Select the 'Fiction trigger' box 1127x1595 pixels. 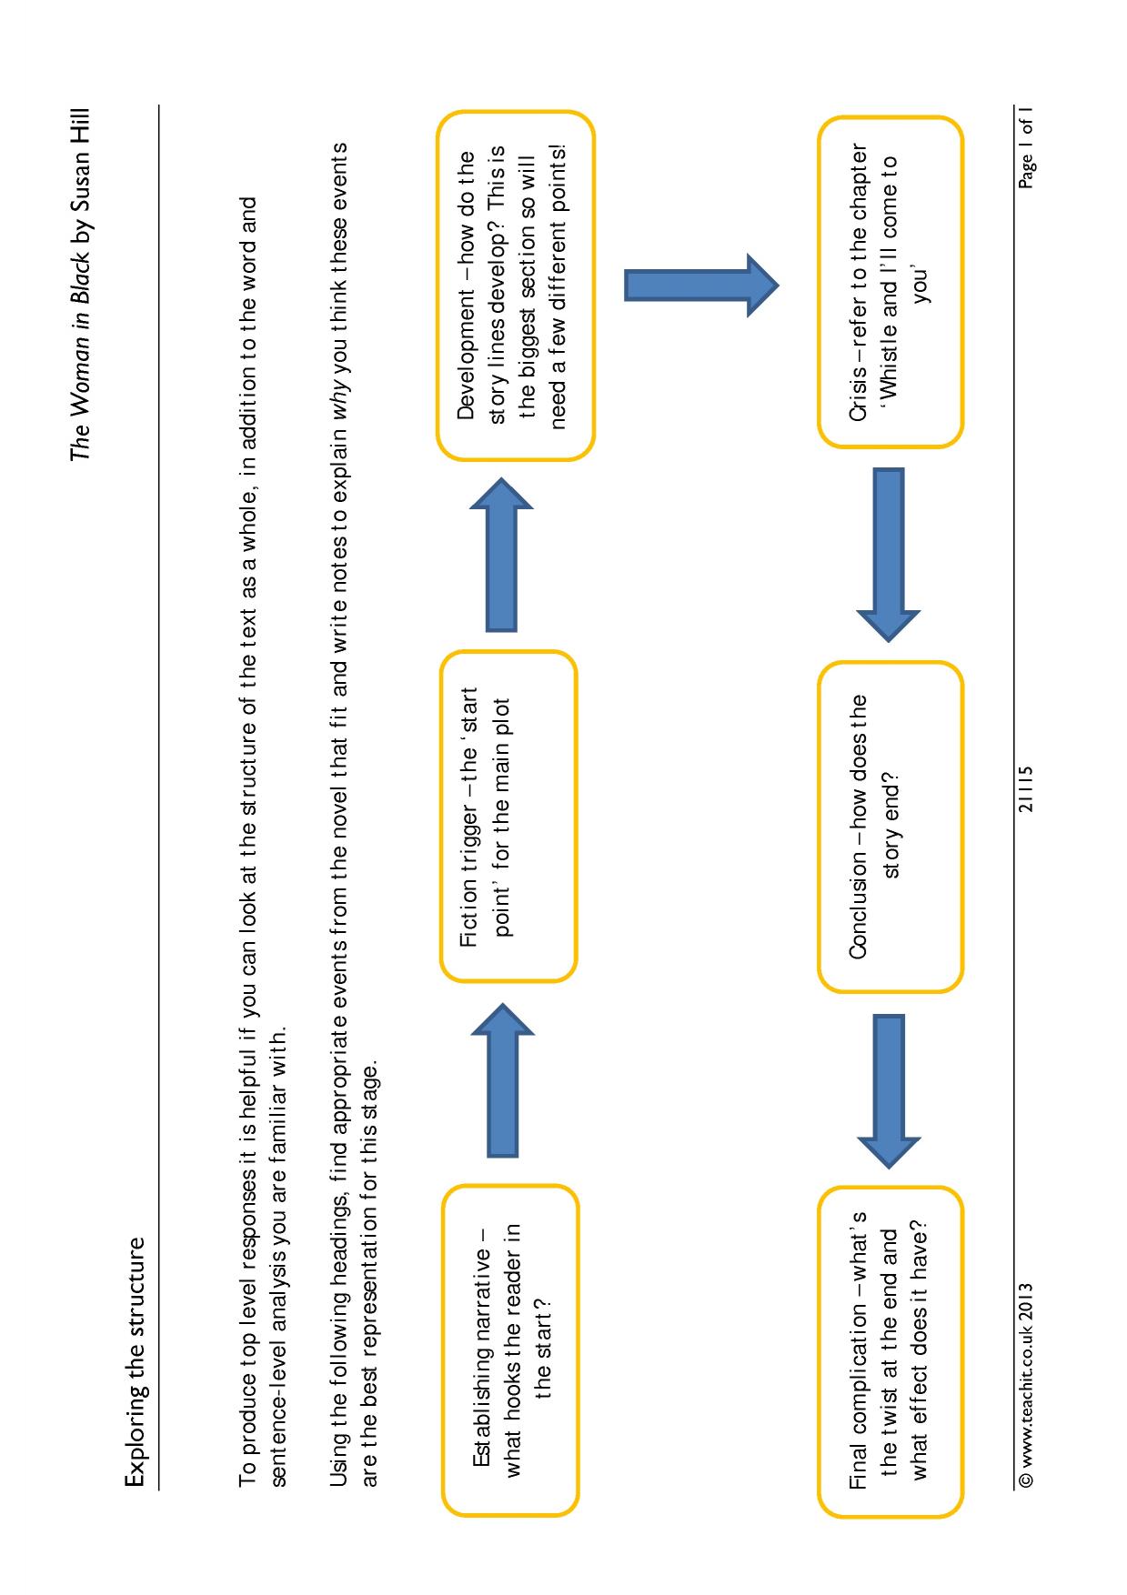click(x=508, y=816)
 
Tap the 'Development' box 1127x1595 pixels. click(x=515, y=286)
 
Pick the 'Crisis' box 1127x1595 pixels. click(x=889, y=282)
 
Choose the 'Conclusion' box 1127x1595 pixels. click(x=889, y=827)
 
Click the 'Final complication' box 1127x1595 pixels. click(x=889, y=1349)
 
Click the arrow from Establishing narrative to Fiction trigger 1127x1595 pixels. click(x=501, y=1079)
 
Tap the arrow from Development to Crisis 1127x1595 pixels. click(x=701, y=285)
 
